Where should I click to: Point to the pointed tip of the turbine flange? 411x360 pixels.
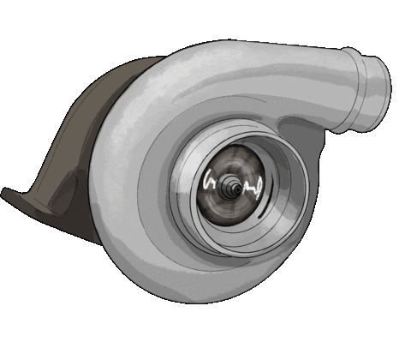coord(6,193)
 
